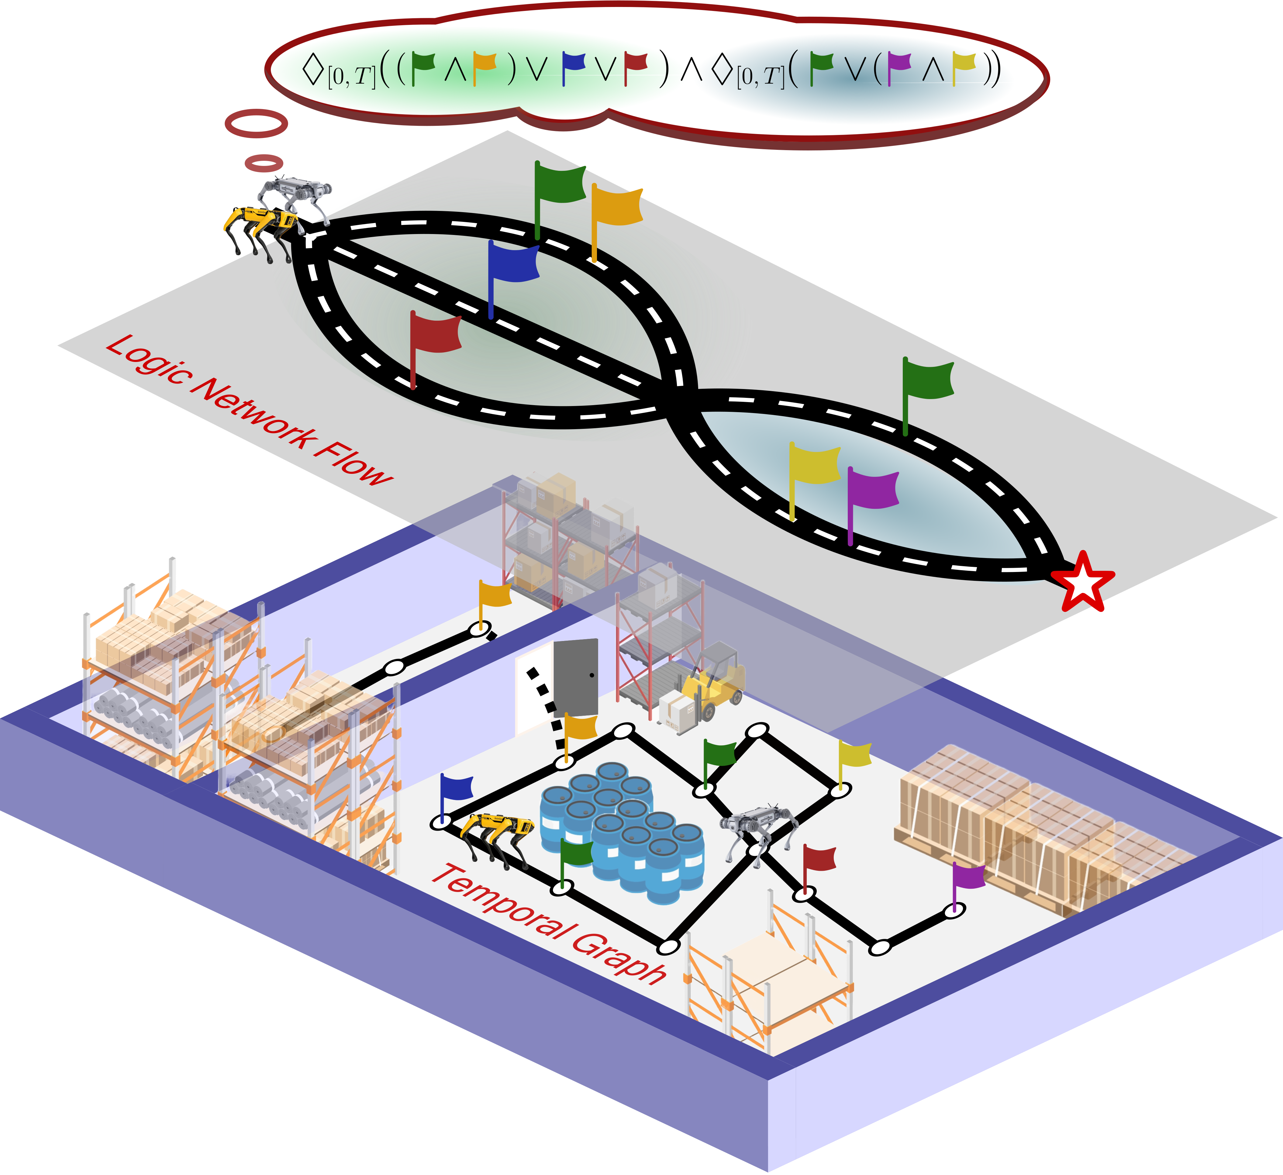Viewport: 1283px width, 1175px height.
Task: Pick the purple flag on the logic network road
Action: pyautogui.click(x=872, y=490)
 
